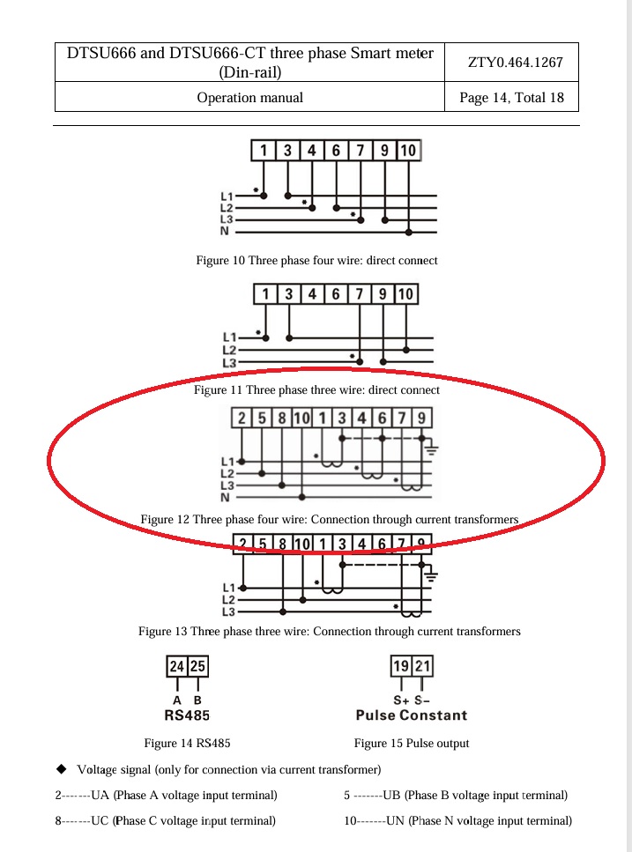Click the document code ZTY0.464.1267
tap(511, 63)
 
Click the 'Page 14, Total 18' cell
tap(511, 98)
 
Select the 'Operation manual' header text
tap(249, 98)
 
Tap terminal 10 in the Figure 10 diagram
tap(407, 151)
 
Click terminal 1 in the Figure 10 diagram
tap(264, 151)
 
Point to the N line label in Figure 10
tap(225, 232)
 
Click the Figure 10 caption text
tap(316, 261)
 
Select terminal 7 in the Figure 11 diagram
tap(359, 294)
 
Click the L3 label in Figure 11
tap(228, 362)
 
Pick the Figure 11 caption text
tap(316, 389)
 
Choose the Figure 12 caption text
tap(329, 520)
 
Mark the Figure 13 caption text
tap(329, 632)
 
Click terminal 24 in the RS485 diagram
tap(177, 667)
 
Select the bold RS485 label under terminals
tap(187, 715)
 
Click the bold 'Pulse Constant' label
tap(411, 715)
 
